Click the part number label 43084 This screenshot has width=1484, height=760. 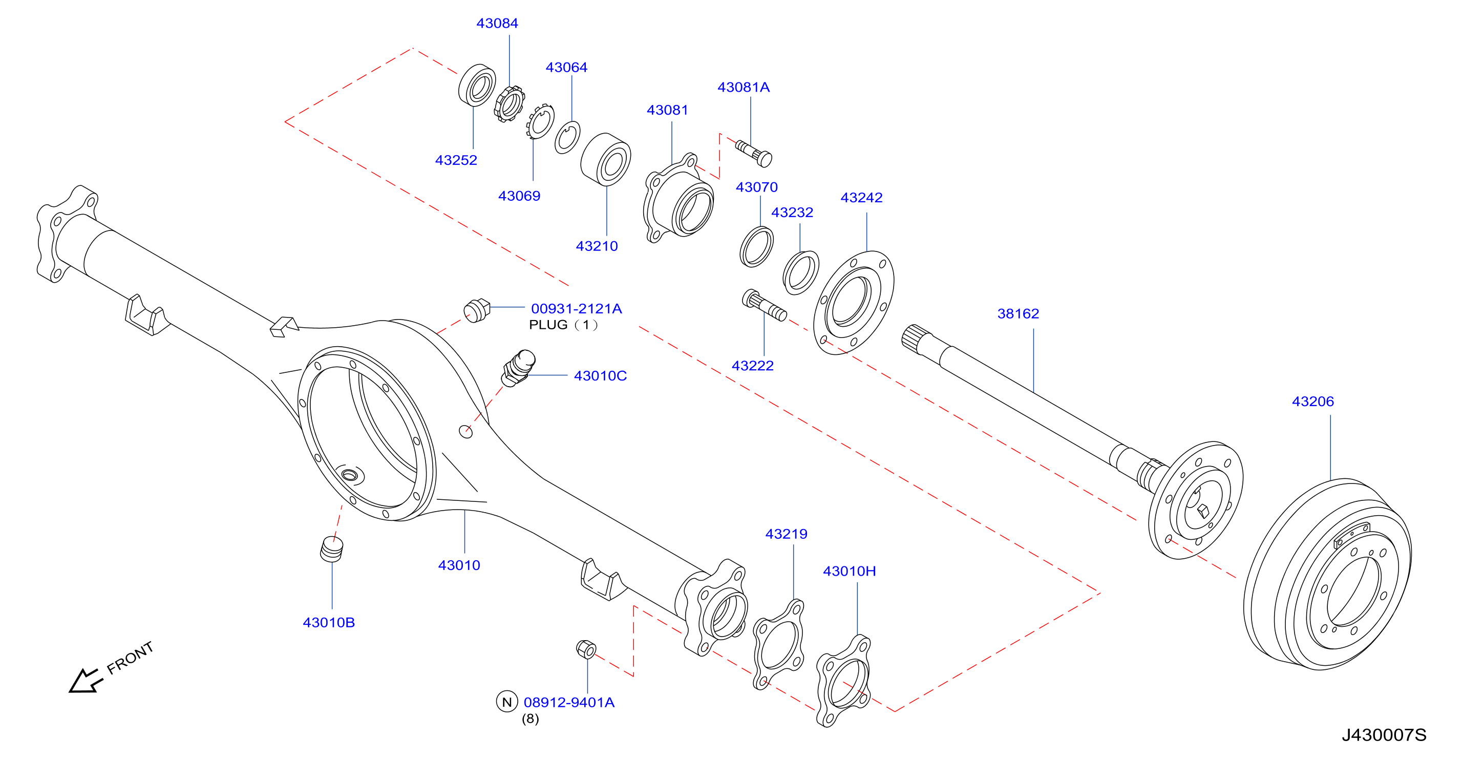[497, 23]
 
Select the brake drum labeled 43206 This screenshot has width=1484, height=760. [1327, 575]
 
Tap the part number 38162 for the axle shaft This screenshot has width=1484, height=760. [1018, 313]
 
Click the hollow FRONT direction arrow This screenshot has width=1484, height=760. [85, 681]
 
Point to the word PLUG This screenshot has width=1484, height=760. [548, 325]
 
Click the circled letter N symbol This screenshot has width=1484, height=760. [507, 702]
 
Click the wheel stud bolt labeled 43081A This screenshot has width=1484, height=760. [754, 153]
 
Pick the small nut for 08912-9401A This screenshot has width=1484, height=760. [586, 649]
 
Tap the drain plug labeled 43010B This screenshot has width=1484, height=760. [331, 548]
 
